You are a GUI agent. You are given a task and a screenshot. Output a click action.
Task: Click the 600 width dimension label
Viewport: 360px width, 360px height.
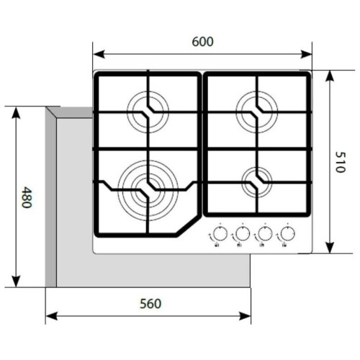202,42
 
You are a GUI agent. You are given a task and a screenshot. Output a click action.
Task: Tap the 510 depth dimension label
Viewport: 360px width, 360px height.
340,162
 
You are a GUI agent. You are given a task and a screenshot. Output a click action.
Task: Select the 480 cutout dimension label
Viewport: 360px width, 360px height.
27,197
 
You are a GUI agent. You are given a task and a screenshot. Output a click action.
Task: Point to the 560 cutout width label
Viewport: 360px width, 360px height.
150,304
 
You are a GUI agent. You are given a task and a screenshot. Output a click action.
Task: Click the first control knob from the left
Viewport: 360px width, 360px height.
220,233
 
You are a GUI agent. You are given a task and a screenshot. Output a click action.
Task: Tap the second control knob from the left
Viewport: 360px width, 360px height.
243,233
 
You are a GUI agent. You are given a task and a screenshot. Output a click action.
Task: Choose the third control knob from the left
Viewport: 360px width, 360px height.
265,233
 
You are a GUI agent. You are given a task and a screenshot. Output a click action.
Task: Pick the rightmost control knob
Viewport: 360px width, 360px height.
287,233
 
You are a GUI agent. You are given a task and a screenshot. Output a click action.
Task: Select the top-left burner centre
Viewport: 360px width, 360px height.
148,112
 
